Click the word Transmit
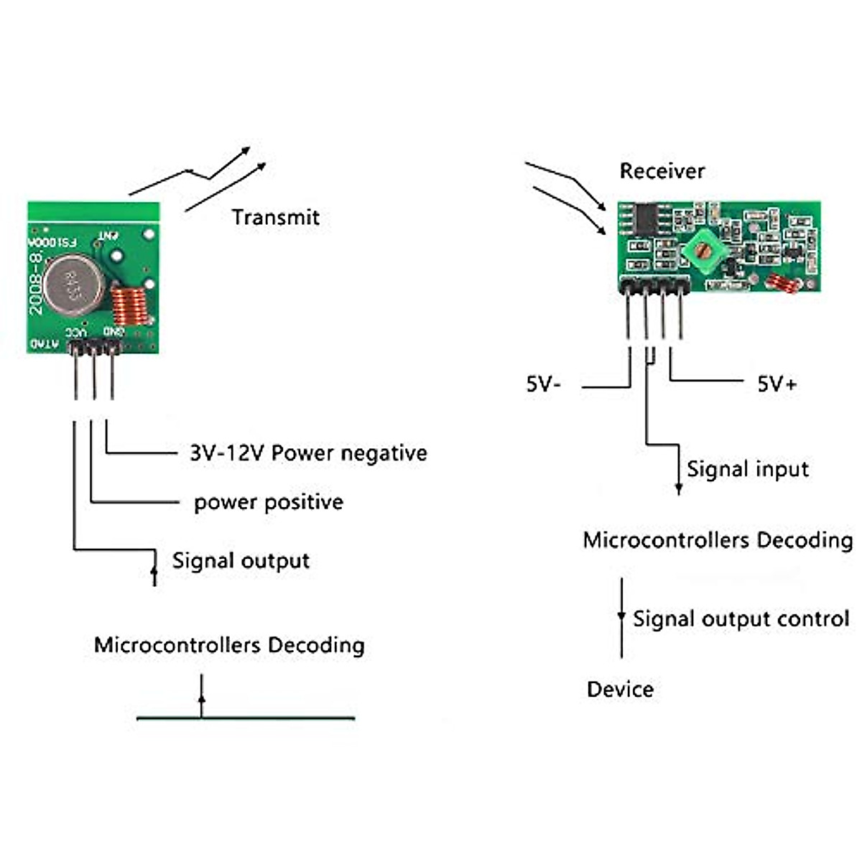pyautogui.click(x=275, y=217)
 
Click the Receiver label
pyautogui.click(x=662, y=171)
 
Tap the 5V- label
pyautogui.click(x=543, y=384)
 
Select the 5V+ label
pyautogui.click(x=777, y=384)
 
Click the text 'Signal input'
pyautogui.click(x=747, y=470)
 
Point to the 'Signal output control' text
pyautogui.click(x=741, y=619)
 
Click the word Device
pyautogui.click(x=620, y=690)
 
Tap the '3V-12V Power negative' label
pyautogui.click(x=308, y=453)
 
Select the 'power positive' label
pyautogui.click(x=268, y=502)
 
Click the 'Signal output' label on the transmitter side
pyautogui.click(x=241, y=561)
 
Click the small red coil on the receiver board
pyautogui.click(x=782, y=282)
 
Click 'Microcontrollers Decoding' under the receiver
pyautogui.click(x=718, y=540)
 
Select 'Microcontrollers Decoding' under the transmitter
pyautogui.click(x=229, y=645)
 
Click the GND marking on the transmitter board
pyautogui.click(x=113, y=331)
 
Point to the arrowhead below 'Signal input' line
pyautogui.click(x=679, y=489)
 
